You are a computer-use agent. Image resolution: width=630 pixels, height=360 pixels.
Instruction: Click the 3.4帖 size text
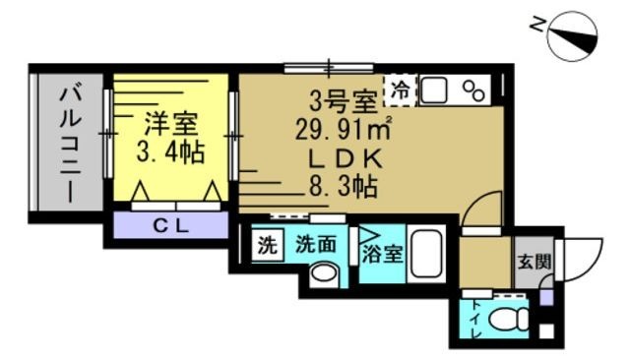pyautogui.click(x=170, y=152)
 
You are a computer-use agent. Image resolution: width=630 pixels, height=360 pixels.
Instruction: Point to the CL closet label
pyautogui.click(x=172, y=224)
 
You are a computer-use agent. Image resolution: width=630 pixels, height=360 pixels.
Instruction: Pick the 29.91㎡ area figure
pyautogui.click(x=344, y=128)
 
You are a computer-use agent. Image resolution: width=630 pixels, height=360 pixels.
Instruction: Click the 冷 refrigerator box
pyautogui.click(x=400, y=90)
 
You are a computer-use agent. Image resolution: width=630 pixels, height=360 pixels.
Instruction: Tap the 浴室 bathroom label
pyautogui.click(x=382, y=252)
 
